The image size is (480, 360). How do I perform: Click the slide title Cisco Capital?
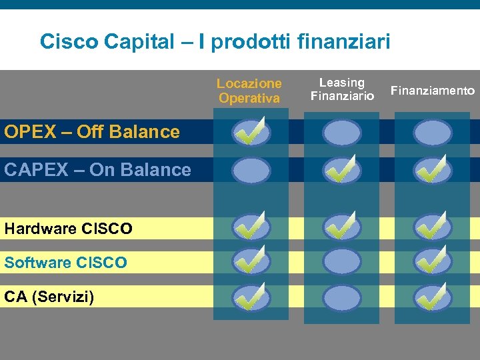point(215,42)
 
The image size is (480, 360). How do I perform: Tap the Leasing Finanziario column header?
point(342,90)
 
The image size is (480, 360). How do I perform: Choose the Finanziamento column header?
point(433,91)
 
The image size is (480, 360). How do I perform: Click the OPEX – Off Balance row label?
point(92,132)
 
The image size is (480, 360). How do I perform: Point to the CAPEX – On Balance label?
point(97,170)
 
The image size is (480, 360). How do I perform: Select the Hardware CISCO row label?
point(68,229)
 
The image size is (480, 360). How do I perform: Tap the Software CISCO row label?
point(65,263)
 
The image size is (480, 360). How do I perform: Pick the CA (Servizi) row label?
point(49,296)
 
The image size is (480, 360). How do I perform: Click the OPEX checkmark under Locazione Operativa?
point(251,133)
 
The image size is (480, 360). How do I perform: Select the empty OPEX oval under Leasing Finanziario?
point(342,133)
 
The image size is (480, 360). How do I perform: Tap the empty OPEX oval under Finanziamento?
point(433,133)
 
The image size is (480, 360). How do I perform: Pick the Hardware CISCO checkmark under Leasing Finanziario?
point(342,228)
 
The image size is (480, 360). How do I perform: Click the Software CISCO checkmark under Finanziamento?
point(433,261)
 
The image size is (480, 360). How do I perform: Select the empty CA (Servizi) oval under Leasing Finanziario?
point(342,298)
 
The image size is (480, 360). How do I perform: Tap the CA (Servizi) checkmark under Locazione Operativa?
point(251,298)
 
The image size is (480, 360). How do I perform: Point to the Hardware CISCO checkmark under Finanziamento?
point(433,228)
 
